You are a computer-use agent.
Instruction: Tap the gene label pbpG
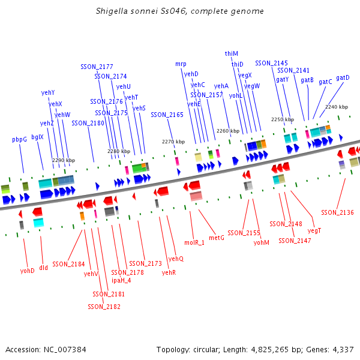pyautogui.click(x=20, y=139)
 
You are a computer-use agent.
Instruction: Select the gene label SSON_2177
pyautogui.click(x=97, y=67)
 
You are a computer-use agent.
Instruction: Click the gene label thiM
pyautogui.click(x=232, y=53)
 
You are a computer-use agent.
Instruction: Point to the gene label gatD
pyautogui.click(x=343, y=77)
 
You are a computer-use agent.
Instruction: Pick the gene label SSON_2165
pyautogui.click(x=167, y=115)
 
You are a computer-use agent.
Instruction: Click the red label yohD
pyautogui.click(x=28, y=271)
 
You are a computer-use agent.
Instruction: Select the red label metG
pyautogui.click(x=217, y=238)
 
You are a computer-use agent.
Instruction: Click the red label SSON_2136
pyautogui.click(x=337, y=212)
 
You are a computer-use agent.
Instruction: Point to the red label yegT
pyautogui.click(x=314, y=230)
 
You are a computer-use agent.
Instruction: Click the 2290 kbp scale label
pyautogui.click(x=64, y=160)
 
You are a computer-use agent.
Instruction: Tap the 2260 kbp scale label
pyautogui.click(x=227, y=131)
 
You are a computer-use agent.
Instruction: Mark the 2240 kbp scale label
pyautogui.click(x=336, y=107)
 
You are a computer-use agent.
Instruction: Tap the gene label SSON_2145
pyautogui.click(x=271, y=63)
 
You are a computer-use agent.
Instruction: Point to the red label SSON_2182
pyautogui.click(x=104, y=307)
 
